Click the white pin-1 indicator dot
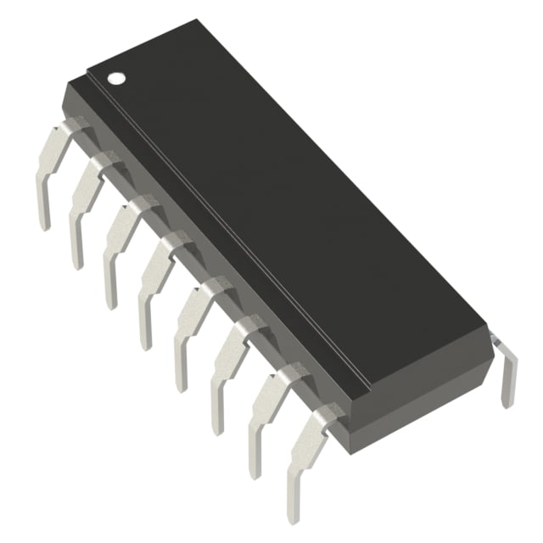coord(115,77)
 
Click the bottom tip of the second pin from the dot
coord(77,263)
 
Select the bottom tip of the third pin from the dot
coord(110,303)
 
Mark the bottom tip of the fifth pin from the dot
coord(181,385)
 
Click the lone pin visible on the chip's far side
coord(507,373)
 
